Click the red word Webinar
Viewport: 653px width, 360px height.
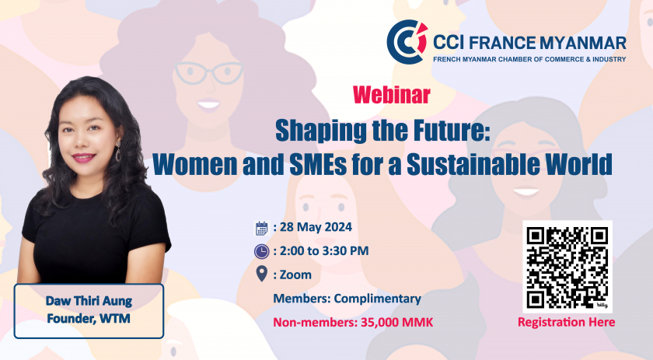(392, 95)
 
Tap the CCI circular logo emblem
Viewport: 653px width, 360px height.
(407, 42)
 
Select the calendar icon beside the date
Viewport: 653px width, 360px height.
(261, 228)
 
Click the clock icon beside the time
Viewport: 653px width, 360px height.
(261, 251)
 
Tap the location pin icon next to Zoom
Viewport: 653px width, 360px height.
(261, 274)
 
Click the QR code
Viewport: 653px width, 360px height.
(567, 267)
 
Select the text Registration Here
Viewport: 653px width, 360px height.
(567, 322)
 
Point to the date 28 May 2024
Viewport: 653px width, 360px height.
(316, 227)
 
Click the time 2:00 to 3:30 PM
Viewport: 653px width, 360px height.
(324, 251)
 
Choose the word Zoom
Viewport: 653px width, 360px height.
(295, 275)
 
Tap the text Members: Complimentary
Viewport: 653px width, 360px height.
(347, 299)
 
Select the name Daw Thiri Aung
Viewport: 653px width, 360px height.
(89, 301)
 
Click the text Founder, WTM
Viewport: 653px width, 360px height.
(89, 319)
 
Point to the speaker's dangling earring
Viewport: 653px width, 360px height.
(118, 152)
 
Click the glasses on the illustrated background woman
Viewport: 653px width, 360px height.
(208, 72)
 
